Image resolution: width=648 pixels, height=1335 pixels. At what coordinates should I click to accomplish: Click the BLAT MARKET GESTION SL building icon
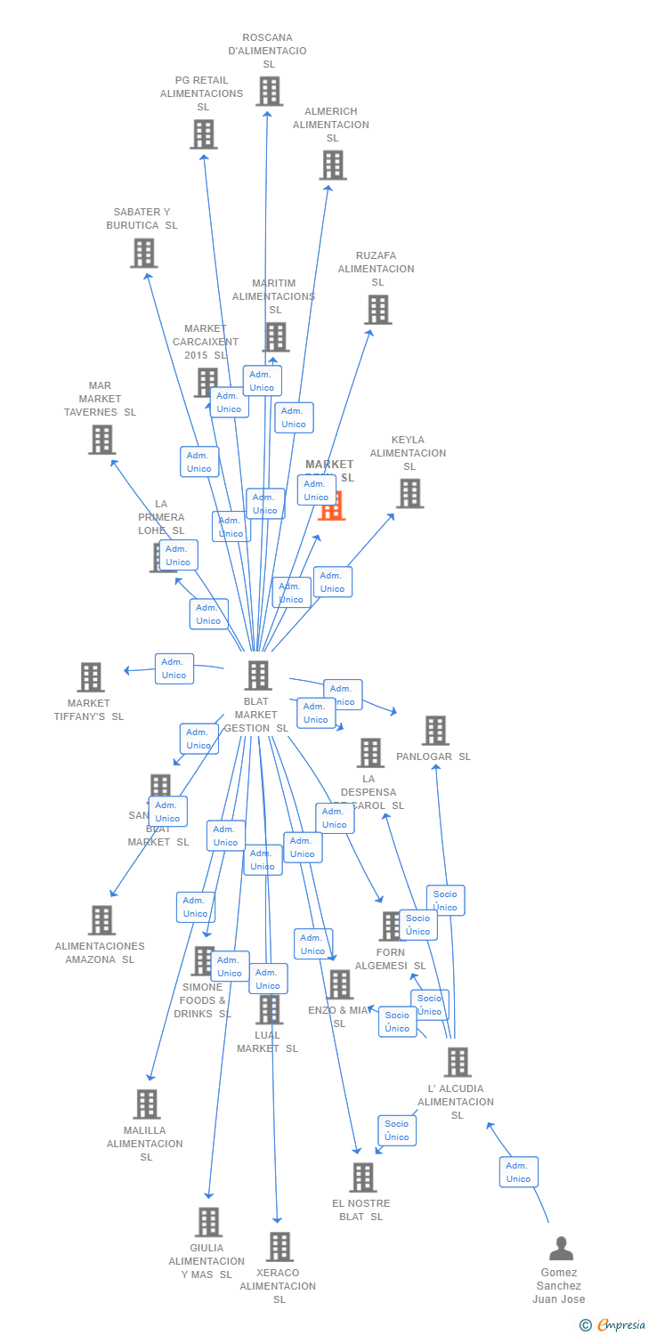258,676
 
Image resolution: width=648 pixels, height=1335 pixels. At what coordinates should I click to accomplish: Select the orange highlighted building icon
332,506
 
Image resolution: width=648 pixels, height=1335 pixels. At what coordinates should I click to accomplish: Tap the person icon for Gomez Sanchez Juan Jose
561,1249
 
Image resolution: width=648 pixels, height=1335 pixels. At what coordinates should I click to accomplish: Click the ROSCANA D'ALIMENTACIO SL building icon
269,91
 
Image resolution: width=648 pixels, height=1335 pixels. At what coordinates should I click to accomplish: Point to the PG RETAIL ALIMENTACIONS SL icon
203,134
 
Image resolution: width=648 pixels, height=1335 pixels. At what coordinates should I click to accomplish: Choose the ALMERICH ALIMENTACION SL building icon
332,165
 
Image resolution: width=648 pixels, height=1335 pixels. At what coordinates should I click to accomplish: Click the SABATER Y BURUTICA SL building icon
143,253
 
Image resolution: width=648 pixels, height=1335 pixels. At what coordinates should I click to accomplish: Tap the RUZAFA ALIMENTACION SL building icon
377,310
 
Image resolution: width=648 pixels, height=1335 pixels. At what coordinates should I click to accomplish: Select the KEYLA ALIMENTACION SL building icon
409,493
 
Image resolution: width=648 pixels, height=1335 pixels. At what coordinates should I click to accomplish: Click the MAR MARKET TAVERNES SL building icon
102,439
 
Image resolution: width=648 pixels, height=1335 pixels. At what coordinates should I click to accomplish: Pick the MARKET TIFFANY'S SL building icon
91,677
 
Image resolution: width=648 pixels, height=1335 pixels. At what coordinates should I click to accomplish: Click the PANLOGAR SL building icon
435,731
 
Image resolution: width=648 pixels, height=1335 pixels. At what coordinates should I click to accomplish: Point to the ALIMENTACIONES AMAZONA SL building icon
102,920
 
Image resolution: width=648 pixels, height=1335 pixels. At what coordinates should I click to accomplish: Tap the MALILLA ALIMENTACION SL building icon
147,1104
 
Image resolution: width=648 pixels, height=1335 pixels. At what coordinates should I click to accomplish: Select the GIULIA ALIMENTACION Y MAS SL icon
208,1222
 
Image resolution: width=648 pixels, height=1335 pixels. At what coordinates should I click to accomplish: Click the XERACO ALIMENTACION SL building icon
279,1247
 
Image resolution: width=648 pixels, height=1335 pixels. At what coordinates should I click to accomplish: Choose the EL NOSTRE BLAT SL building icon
362,1177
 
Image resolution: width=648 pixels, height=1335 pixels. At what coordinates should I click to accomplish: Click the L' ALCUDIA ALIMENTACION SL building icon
458,1062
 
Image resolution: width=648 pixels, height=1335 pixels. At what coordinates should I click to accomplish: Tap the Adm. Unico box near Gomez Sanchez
518,1172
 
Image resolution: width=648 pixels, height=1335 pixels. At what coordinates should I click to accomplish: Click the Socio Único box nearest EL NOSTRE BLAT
397,1130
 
